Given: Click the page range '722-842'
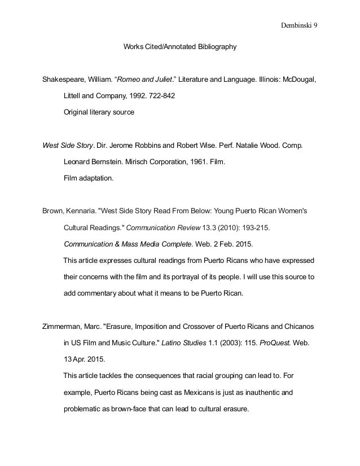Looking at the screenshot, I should tap(159, 96).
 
